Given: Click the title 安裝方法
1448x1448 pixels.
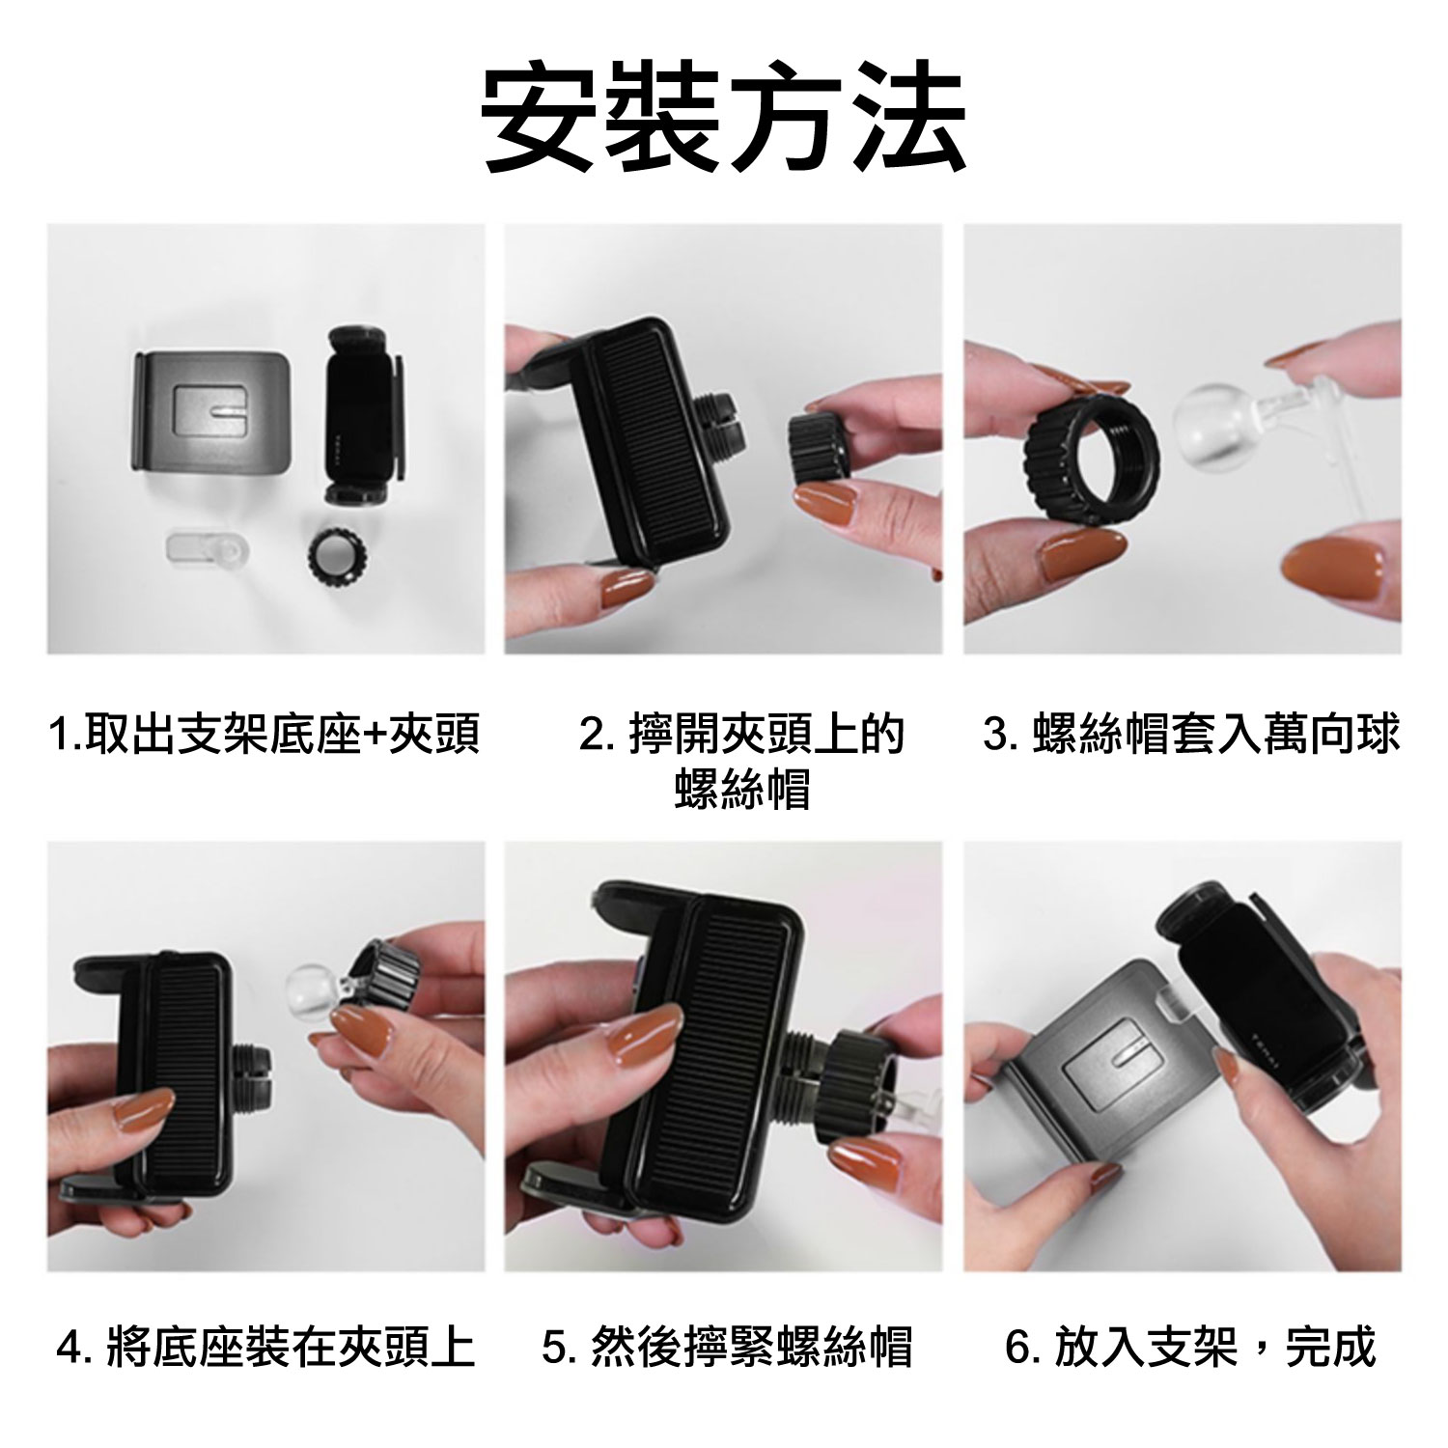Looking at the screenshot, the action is [724, 120].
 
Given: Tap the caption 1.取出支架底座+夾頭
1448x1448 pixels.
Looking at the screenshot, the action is [265, 736].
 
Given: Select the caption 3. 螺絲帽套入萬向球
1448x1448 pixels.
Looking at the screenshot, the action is [1190, 735].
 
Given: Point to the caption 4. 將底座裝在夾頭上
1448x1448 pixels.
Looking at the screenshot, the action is [266, 1349].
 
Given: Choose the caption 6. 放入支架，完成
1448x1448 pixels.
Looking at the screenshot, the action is [1190, 1349].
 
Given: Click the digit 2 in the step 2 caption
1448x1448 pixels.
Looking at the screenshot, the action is [617, 736].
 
